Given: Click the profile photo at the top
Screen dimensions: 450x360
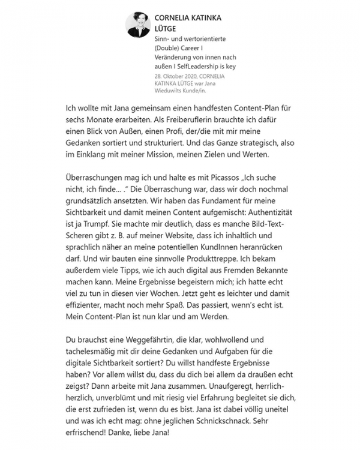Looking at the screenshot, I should [x=138, y=25].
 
